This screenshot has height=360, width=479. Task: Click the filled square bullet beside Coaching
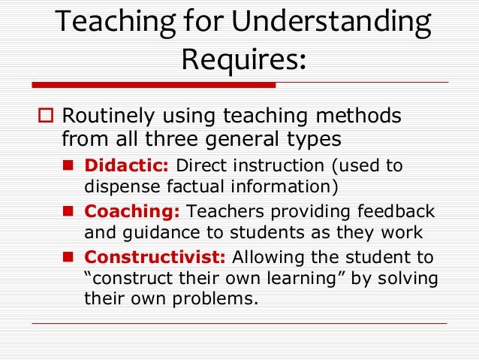[68, 212]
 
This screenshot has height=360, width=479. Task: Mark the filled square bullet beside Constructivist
[68, 258]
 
